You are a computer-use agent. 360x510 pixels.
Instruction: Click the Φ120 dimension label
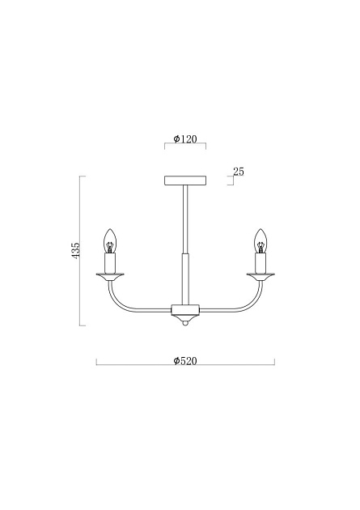click(x=185, y=139)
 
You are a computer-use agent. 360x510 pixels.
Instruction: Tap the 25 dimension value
click(x=239, y=172)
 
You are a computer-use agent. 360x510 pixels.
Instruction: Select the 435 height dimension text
click(x=76, y=250)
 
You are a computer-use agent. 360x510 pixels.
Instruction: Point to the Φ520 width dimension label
click(x=185, y=361)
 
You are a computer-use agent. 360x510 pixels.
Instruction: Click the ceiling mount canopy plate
click(x=185, y=181)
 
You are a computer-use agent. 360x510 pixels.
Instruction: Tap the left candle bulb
click(x=110, y=240)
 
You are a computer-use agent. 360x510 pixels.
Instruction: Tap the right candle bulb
click(x=260, y=240)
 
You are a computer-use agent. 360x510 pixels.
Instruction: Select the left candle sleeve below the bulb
click(x=110, y=263)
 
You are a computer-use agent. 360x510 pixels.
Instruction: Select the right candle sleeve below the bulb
click(x=260, y=263)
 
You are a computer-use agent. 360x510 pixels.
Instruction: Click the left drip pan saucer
click(x=110, y=277)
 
